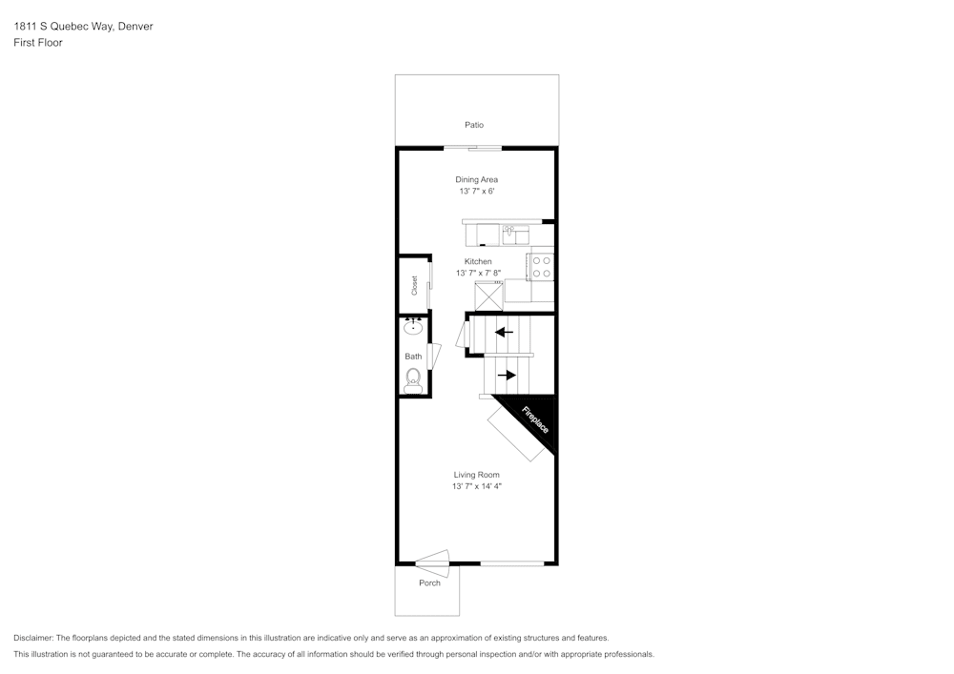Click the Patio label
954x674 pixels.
[x=474, y=125]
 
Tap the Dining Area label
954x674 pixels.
[x=476, y=179]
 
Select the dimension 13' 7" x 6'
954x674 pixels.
[x=476, y=192]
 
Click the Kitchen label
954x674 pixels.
[x=478, y=261]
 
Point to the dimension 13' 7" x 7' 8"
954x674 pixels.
[x=478, y=274]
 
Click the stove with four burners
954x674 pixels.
[x=541, y=267]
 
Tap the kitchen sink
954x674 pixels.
[x=515, y=233]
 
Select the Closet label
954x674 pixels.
[x=414, y=285]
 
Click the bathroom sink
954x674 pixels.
[x=413, y=328]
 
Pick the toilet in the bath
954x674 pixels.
[x=413, y=382]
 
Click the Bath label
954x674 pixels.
[x=413, y=357]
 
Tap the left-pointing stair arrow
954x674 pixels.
[x=503, y=333]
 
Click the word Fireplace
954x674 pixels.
[x=534, y=420]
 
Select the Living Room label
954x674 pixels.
[x=476, y=475]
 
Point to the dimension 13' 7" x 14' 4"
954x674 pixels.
[x=476, y=487]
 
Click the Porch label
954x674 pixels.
[x=429, y=583]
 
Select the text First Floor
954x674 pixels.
[x=38, y=43]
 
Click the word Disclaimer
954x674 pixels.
[x=33, y=638]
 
